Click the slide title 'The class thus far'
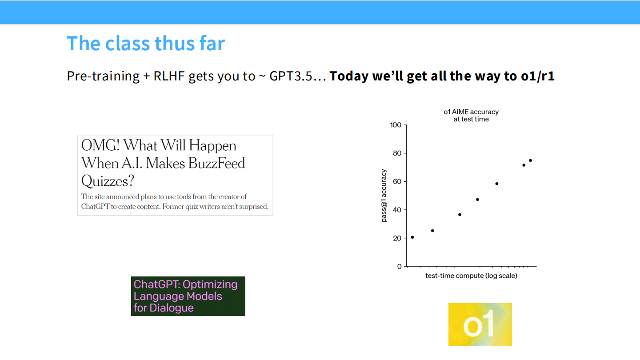[x=146, y=44]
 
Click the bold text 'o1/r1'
[x=537, y=76]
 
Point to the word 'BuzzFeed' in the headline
[x=216, y=163]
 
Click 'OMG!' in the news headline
[x=100, y=145]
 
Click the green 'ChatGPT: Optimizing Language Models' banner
[x=188, y=296]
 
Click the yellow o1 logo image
[x=480, y=324]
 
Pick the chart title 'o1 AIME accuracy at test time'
[x=471, y=116]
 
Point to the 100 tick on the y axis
[x=396, y=125]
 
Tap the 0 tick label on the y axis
[x=399, y=266]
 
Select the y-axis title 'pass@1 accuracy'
[x=384, y=196]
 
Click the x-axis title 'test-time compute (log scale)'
[x=471, y=276]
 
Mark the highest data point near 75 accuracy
[x=530, y=160]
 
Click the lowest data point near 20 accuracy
[x=412, y=237]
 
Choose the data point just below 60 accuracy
[x=497, y=184]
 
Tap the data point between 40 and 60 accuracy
[x=477, y=200]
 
